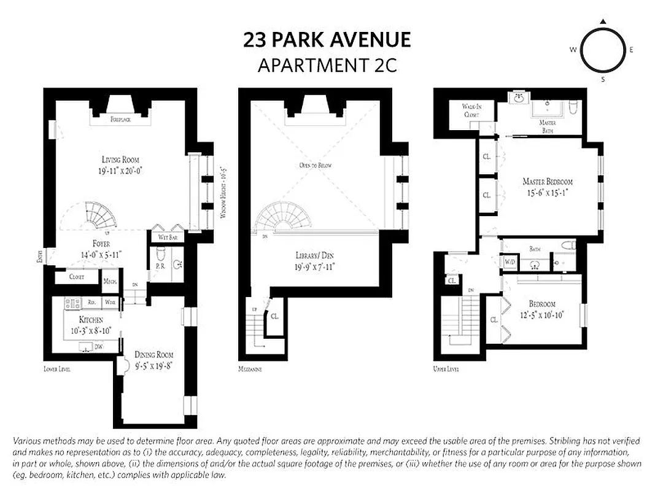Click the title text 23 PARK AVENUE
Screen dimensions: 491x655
327,41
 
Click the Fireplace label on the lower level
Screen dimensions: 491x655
120,120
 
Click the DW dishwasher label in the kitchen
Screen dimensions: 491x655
98,347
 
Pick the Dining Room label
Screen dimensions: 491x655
153,355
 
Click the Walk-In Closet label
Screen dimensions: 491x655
471,110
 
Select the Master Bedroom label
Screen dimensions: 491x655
548,182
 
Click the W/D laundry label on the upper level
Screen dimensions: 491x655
510,262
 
